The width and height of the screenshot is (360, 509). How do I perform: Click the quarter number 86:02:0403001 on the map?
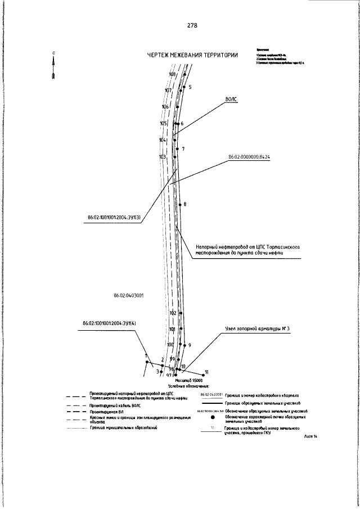click(125, 294)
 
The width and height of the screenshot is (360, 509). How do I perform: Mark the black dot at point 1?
click(147, 362)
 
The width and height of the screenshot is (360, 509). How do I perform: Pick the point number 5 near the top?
click(190, 87)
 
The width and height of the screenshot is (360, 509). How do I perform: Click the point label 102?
click(173, 313)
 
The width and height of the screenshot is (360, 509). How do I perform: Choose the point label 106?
click(165, 106)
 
